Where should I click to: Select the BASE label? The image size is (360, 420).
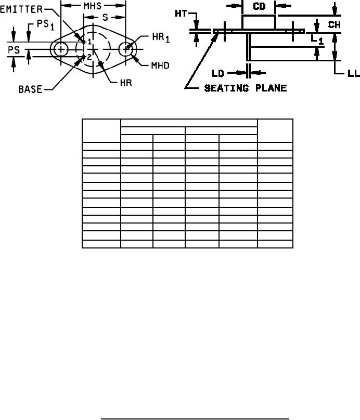point(31,89)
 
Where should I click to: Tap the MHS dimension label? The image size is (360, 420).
point(93,6)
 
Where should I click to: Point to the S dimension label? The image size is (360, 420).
point(105,17)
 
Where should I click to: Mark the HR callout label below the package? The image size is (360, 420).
point(120,82)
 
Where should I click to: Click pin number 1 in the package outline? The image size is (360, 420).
point(89,41)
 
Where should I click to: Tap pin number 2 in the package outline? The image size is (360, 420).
point(89,57)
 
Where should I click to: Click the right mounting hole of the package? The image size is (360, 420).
point(126,49)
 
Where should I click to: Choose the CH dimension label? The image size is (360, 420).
point(335,24)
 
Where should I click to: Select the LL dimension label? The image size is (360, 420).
point(353,74)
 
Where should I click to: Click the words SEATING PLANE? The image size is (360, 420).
point(245,88)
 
